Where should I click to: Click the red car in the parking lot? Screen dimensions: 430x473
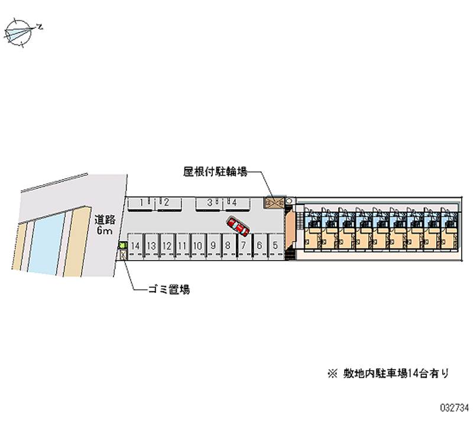tap(239, 227)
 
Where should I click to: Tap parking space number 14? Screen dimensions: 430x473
tap(135, 245)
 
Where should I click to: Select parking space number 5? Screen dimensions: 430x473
tap(275, 245)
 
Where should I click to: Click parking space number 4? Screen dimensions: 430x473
tap(235, 203)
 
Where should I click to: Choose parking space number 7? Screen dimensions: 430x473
tap(243, 245)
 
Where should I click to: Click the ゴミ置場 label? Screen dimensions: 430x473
tap(169, 290)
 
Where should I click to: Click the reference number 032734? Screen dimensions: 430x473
tap(453, 408)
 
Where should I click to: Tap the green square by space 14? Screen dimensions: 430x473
tap(122, 244)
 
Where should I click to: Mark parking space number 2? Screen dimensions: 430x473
tap(167, 203)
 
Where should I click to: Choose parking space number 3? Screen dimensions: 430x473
tap(209, 203)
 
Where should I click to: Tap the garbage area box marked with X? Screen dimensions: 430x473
tap(123, 255)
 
